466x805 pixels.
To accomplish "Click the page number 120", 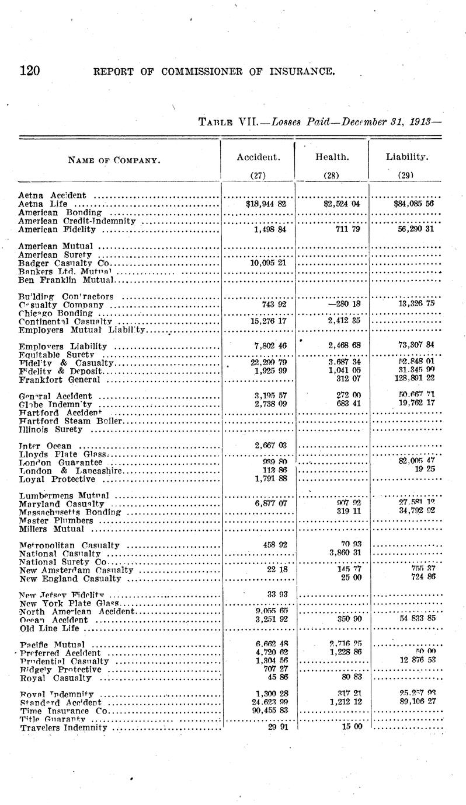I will click(x=29, y=71).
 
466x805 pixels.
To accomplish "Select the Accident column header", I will click(x=258, y=157).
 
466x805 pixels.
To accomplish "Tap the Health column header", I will click(x=332, y=157).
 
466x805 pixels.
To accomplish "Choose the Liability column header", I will click(x=405, y=157).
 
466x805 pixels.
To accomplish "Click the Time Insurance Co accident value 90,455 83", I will click(x=265, y=710).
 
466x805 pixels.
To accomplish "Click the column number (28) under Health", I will click(x=332, y=174).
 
